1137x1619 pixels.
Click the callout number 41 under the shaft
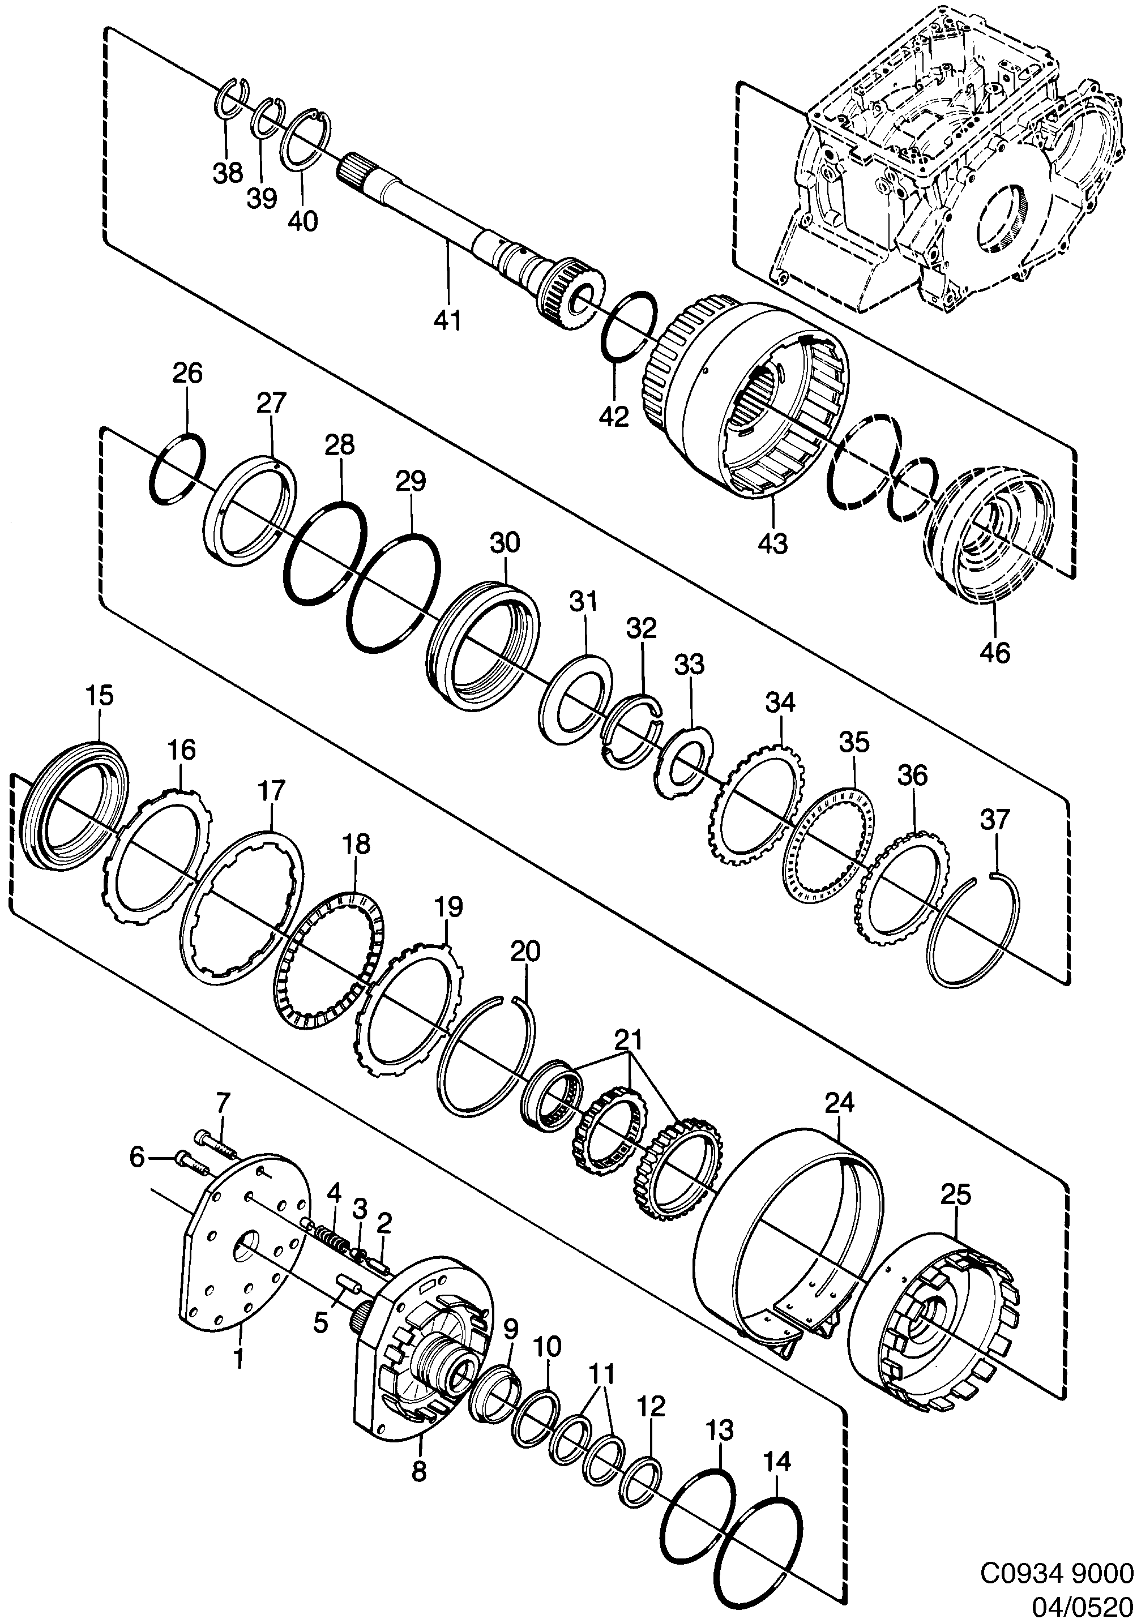[448, 320]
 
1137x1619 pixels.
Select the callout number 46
[994, 652]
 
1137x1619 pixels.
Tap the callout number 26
[187, 372]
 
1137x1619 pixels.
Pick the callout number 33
[689, 663]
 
